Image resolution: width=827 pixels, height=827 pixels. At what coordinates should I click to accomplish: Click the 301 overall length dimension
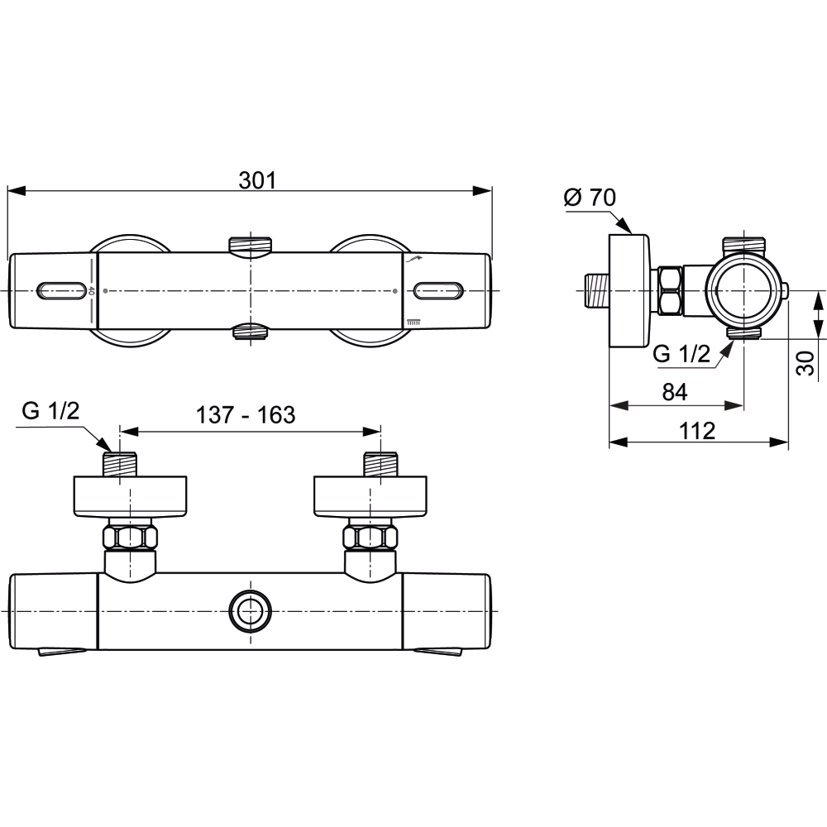coord(257,180)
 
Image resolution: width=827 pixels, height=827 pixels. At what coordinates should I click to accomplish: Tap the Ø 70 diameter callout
coord(590,198)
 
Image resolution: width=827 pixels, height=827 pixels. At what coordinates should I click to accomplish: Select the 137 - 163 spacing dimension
coord(246,415)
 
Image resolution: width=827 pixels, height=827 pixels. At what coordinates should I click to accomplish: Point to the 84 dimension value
coord(675,392)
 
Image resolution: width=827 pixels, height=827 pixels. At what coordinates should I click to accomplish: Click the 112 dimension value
coord(696,431)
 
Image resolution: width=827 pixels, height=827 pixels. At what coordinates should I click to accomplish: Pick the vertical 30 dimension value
coord(805,363)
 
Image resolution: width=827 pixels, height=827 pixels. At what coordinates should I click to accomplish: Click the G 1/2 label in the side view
coord(681,354)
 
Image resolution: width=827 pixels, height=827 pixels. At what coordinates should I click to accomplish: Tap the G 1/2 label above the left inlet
coord(50,410)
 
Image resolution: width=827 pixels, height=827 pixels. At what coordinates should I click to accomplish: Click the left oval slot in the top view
coord(60,290)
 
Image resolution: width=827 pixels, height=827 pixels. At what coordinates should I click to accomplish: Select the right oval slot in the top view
coord(438,290)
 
